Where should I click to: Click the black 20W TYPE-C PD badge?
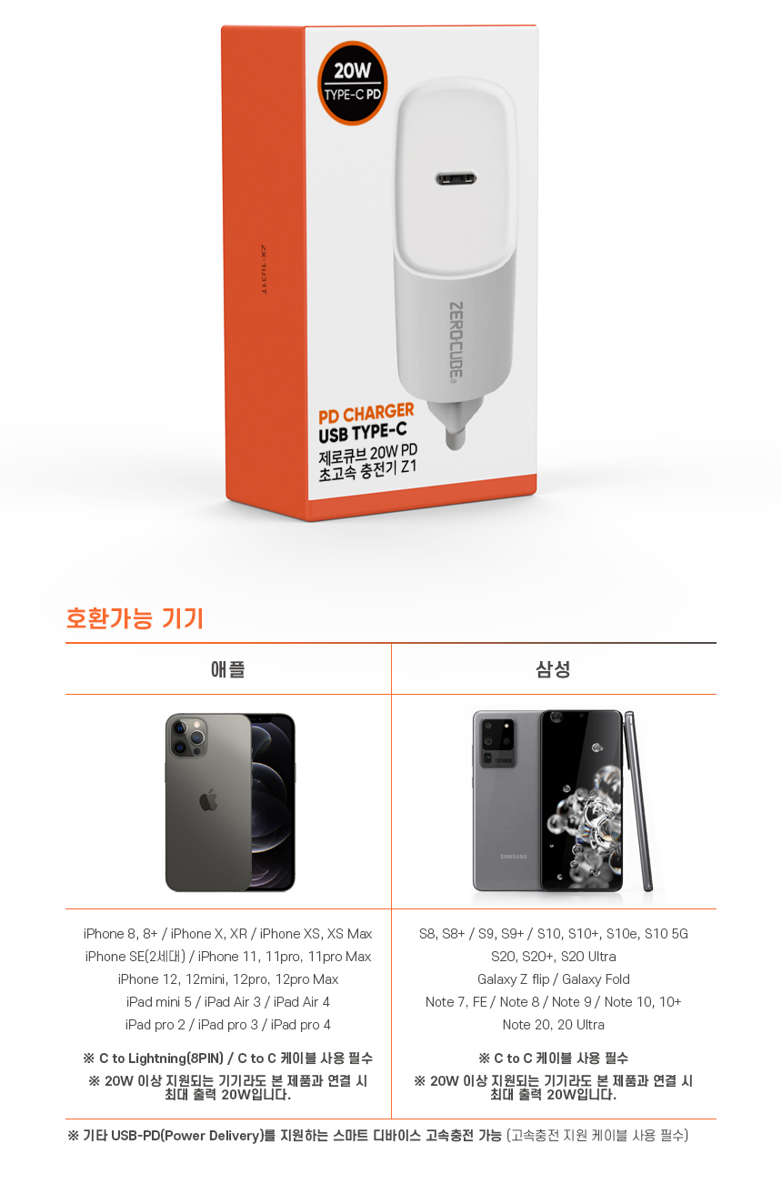tap(353, 83)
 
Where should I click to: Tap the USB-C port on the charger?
tap(456, 178)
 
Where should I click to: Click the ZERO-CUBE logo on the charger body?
tap(456, 340)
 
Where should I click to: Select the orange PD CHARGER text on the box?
tap(366, 413)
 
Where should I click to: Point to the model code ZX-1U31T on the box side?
tap(264, 269)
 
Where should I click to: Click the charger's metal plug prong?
tap(456, 437)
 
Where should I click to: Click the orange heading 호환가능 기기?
tap(135, 617)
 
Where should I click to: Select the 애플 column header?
tap(227, 669)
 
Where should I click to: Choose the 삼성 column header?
tap(553, 669)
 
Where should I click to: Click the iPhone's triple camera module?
tap(187, 737)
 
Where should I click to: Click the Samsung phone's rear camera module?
tap(497, 741)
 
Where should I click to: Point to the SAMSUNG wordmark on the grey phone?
tap(514, 857)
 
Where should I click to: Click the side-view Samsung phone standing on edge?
tap(639, 801)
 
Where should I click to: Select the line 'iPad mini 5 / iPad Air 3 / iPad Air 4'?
tap(227, 1001)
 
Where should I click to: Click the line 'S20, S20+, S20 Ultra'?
tap(553, 956)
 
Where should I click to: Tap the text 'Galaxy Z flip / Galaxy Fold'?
tap(553, 978)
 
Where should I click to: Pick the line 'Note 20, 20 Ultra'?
tap(553, 1024)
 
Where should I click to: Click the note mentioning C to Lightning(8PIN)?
tap(227, 1058)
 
